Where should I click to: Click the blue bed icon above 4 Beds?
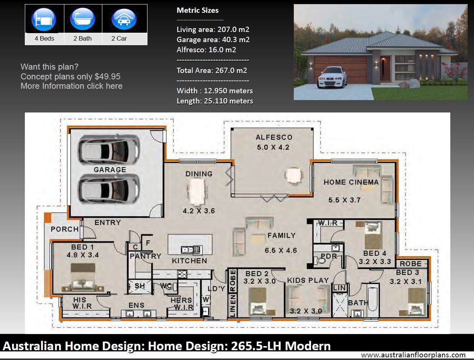(x=44, y=19)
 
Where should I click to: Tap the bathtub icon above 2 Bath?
(x=82, y=19)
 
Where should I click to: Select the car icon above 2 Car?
(x=124, y=19)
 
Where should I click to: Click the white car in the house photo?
(x=331, y=77)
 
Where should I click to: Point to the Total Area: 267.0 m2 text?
(x=212, y=70)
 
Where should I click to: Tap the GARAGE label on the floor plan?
(x=110, y=170)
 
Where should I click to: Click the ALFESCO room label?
(x=274, y=137)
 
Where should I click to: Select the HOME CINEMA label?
(x=351, y=182)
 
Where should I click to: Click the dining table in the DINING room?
(x=197, y=192)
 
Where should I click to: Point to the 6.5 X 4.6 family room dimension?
(x=281, y=250)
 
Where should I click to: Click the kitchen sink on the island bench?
(x=191, y=250)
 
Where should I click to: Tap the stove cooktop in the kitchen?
(x=182, y=274)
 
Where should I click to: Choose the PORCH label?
(x=65, y=229)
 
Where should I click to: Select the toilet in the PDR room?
(x=320, y=261)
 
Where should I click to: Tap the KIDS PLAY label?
(x=308, y=280)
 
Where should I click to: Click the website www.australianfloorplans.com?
(x=413, y=355)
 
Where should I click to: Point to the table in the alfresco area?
(x=294, y=176)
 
